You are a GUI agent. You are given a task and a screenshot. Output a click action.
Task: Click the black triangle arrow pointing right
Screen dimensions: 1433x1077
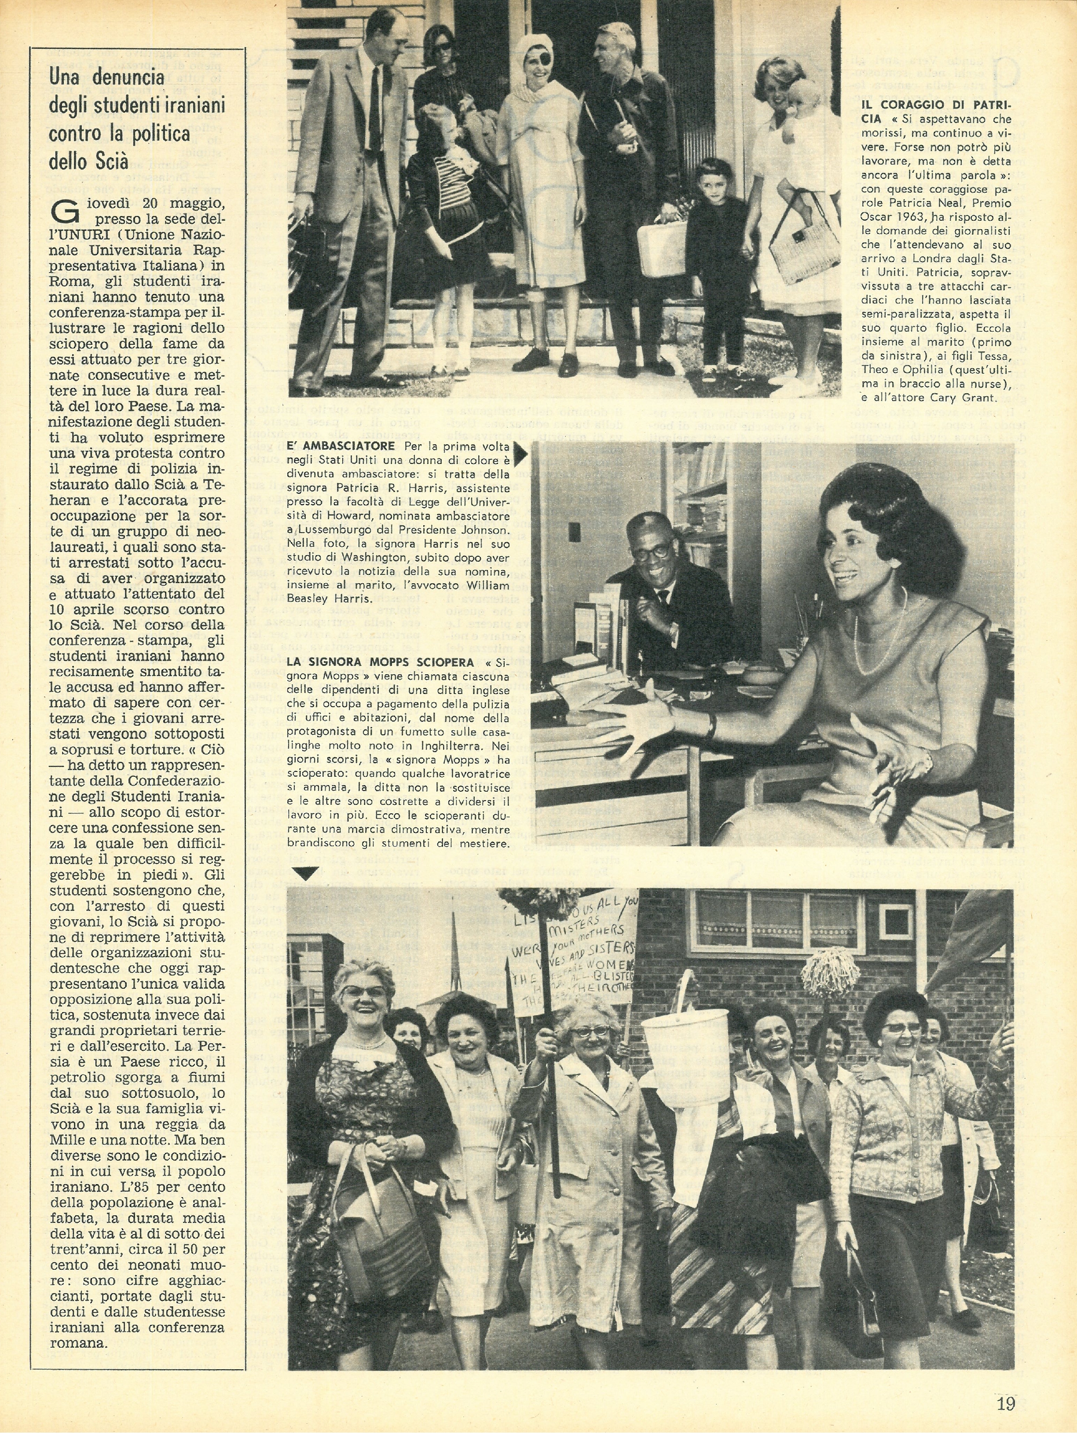[x=521, y=457]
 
